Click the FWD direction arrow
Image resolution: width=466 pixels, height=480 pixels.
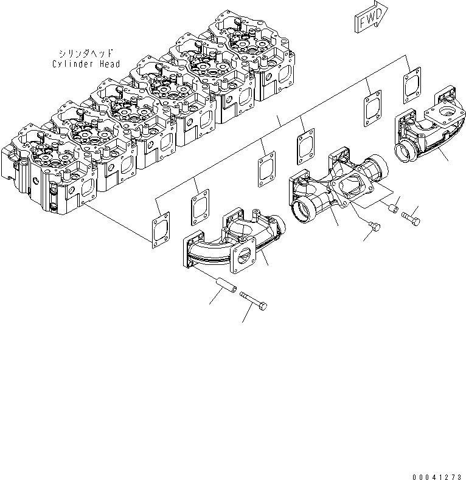point(367,19)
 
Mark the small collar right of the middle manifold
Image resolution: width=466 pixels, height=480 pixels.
point(393,209)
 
